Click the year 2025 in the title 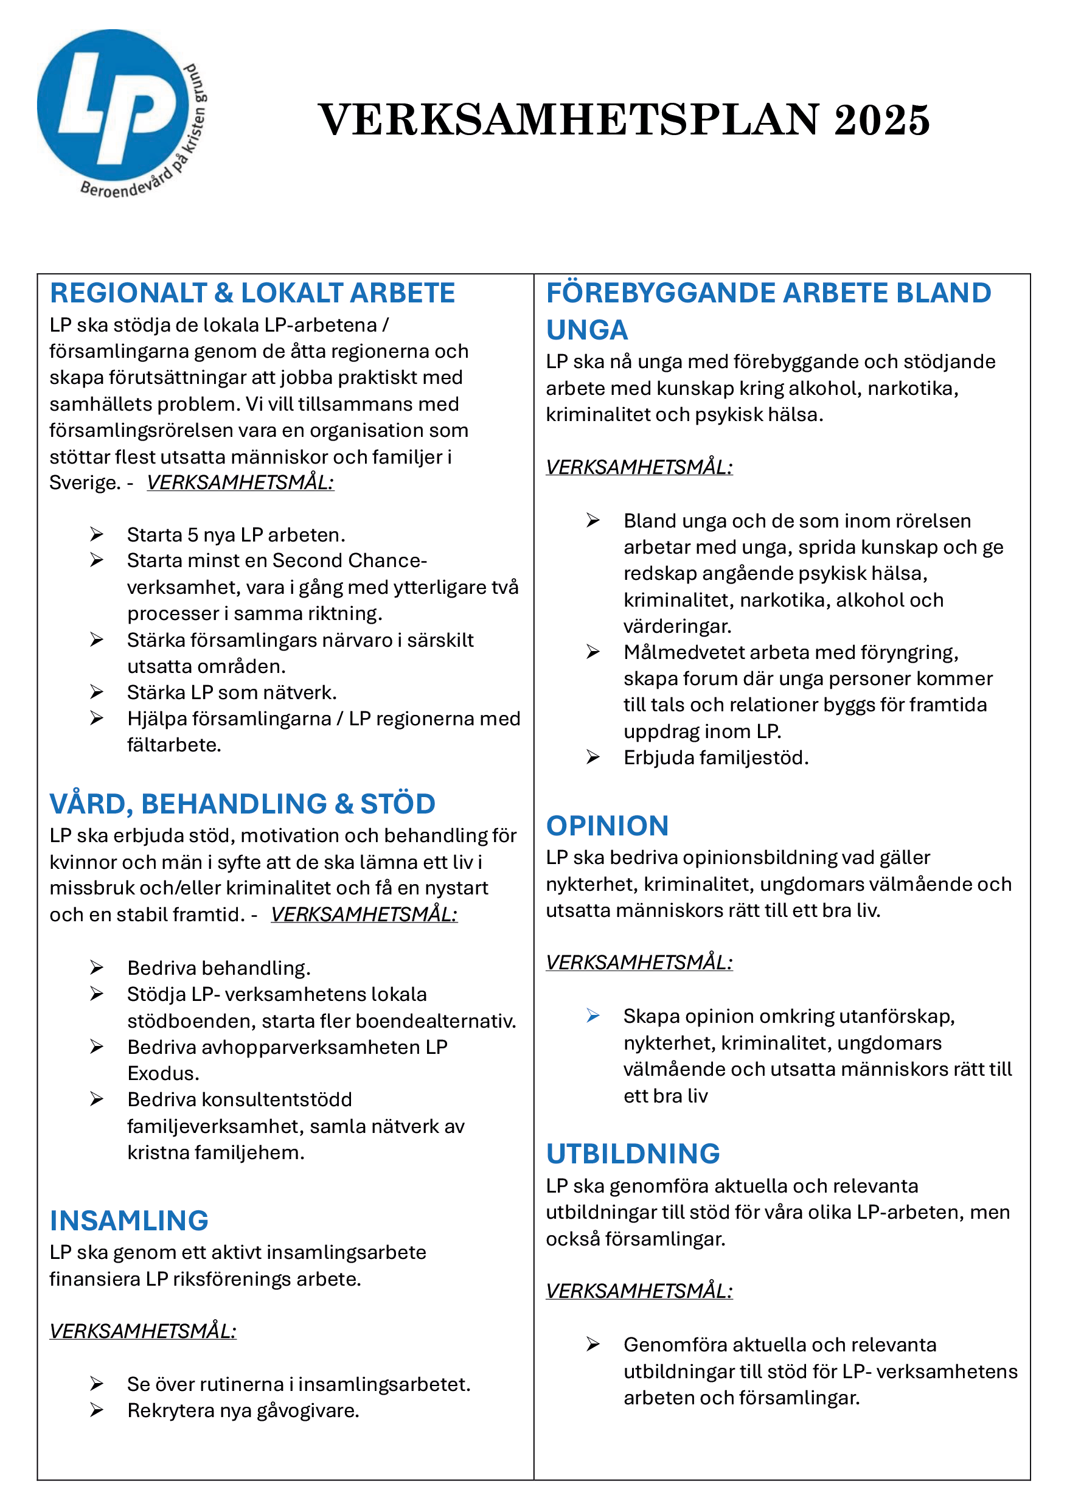(x=881, y=120)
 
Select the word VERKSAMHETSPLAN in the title (x=569, y=120)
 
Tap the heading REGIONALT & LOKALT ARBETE (x=252, y=293)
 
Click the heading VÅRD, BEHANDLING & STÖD (x=243, y=804)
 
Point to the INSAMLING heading (x=129, y=1221)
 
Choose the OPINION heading (x=607, y=826)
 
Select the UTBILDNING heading (x=633, y=1154)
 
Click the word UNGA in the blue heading (x=586, y=330)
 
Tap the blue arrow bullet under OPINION (x=593, y=1016)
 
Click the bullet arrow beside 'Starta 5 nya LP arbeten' (x=97, y=534)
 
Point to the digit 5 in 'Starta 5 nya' (x=192, y=535)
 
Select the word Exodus (x=163, y=1073)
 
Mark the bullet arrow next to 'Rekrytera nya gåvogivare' (x=97, y=1410)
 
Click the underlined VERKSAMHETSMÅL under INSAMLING (x=142, y=1331)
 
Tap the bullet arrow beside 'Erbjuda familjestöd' (x=593, y=758)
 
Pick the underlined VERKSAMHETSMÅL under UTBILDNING (x=639, y=1291)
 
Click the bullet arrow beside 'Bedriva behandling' (x=97, y=967)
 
